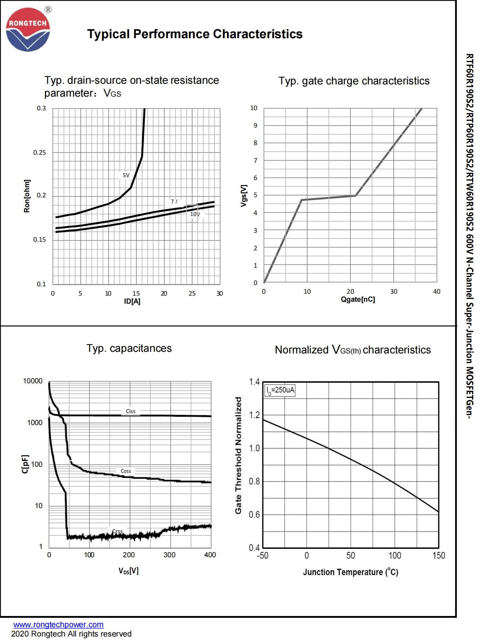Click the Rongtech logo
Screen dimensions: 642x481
tap(28, 30)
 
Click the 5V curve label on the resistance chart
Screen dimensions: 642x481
tap(126, 175)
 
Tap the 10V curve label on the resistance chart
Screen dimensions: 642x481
tap(195, 214)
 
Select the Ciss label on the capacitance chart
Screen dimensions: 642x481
tap(131, 411)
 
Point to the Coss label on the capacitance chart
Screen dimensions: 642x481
tap(126, 471)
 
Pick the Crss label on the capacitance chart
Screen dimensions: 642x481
tap(118, 531)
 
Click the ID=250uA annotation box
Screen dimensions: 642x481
tap(280, 390)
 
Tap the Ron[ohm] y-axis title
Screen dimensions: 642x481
tap(27, 196)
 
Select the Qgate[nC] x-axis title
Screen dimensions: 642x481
tap(358, 299)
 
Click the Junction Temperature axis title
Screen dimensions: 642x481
tap(350, 572)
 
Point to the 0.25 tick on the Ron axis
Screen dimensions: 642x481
tap(39, 152)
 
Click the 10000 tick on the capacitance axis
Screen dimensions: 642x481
tap(33, 381)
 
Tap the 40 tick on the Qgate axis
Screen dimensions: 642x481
tap(437, 291)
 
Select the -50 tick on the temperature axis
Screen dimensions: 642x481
tap(263, 556)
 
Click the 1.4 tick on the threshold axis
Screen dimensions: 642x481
tap(254, 382)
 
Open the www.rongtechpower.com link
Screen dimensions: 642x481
tap(58, 625)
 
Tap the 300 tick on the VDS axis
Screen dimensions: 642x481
tap(169, 555)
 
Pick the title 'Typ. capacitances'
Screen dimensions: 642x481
tap(129, 348)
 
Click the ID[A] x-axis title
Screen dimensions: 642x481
tap(132, 301)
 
